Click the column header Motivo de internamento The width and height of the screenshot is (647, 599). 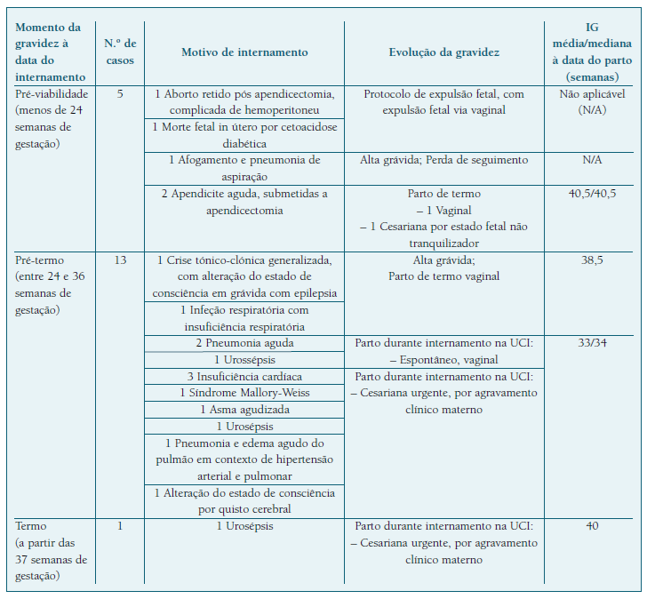point(244,52)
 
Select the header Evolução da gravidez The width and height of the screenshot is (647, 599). point(444,52)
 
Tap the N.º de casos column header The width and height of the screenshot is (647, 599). point(120,52)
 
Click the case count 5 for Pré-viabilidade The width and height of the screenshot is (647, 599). point(120,94)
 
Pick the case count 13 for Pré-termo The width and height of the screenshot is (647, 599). point(120,260)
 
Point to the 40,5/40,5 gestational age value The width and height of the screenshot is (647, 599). point(591,193)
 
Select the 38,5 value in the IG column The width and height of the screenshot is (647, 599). point(591,260)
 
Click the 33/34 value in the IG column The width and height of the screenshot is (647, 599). point(591,343)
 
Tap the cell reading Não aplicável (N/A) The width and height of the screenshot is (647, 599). point(591,101)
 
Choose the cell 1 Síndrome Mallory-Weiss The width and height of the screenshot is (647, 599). point(244,393)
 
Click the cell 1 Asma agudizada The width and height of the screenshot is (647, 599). point(244,410)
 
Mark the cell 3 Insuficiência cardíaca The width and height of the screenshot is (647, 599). point(244,377)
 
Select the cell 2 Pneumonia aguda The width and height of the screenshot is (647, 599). point(244,343)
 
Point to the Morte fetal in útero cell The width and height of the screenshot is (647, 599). point(244,135)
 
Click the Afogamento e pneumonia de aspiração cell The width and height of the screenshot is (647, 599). point(244,168)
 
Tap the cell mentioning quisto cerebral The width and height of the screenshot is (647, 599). point(244,501)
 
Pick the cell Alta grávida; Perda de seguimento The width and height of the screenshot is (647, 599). point(444,160)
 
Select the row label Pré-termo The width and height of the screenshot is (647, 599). point(38,260)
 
